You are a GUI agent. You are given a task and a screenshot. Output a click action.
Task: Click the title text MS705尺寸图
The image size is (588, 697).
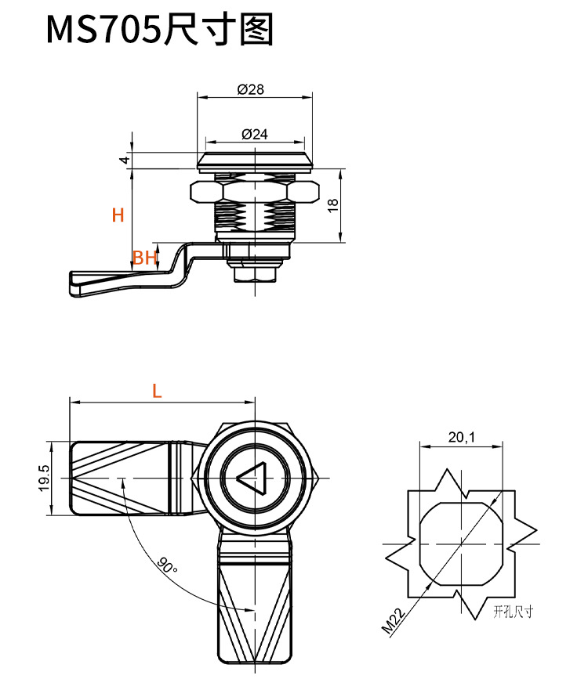[x=160, y=31]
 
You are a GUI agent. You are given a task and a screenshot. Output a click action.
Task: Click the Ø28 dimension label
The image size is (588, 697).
[x=250, y=89]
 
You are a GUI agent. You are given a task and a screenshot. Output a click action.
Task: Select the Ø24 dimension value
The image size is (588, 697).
[x=255, y=134]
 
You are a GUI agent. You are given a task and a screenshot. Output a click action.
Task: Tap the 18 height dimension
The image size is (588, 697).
[x=332, y=204]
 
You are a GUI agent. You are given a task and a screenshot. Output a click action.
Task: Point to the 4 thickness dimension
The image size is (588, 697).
[x=123, y=160]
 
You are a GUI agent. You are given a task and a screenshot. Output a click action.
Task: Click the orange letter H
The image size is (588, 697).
[x=118, y=215]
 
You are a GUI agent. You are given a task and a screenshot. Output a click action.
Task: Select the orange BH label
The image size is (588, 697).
[x=145, y=257]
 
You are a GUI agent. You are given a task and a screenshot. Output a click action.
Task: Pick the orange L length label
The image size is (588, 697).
[x=157, y=392]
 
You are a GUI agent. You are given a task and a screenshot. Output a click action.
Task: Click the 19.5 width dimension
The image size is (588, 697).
[x=44, y=479]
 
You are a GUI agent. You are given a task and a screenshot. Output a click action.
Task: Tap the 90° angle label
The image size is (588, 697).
[x=165, y=565]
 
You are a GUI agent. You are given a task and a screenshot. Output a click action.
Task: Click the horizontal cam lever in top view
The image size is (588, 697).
[x=133, y=479]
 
